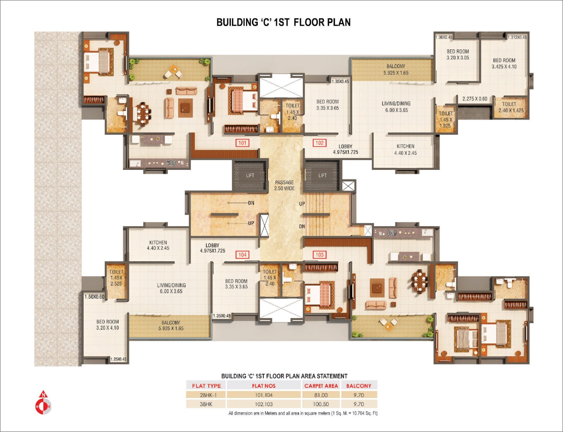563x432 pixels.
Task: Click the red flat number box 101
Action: coord(242,143)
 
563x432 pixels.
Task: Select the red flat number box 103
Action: coord(319,255)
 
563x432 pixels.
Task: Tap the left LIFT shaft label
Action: coord(250,175)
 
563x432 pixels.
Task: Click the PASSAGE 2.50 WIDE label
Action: coord(284,185)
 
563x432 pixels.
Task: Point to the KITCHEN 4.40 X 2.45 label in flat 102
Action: coord(405,149)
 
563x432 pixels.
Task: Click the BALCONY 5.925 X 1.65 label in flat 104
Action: coord(171,325)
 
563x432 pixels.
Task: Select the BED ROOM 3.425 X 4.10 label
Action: coord(504,63)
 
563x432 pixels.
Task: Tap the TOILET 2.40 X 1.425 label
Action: coord(511,107)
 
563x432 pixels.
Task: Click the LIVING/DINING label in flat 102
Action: coord(396,107)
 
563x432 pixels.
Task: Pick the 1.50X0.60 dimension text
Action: coord(94,297)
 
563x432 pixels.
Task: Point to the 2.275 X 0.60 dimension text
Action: coord(475,99)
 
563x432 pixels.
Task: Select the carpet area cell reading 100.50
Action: coord(321,404)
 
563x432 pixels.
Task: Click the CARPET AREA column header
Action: coord(321,386)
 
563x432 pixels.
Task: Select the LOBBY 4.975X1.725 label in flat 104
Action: coord(212,248)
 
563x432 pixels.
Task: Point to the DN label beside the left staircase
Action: coord(251,203)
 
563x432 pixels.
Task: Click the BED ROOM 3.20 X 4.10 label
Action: coord(107,325)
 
